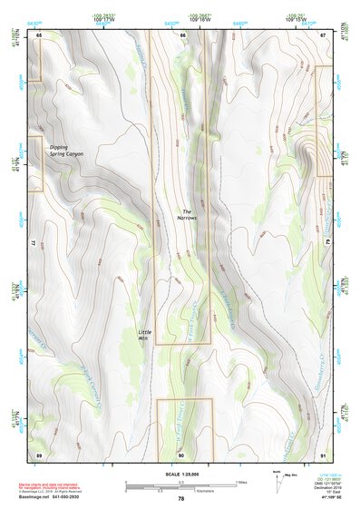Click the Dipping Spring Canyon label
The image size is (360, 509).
(66, 150)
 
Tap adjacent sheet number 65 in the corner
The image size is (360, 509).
(39, 34)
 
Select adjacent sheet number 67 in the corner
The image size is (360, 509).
(323, 34)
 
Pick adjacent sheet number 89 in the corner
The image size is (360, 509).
(39, 454)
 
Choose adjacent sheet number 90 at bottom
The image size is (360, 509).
(181, 454)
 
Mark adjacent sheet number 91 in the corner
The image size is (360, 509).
(323, 454)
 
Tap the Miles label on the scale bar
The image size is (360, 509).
(239, 481)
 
